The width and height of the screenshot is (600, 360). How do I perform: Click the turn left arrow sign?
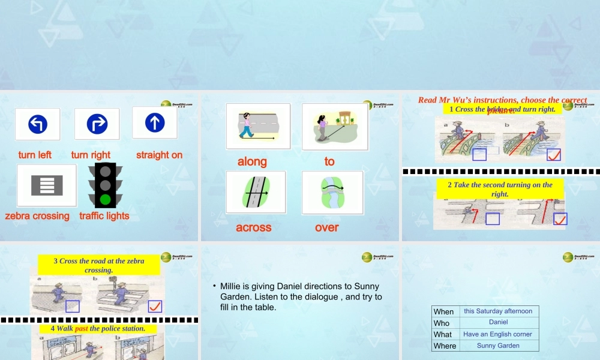click(x=37, y=124)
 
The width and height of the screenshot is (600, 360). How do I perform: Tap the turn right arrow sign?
click(x=97, y=124)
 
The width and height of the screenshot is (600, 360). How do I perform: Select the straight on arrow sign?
click(x=155, y=122)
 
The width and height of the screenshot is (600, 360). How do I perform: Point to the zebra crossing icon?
click(x=47, y=185)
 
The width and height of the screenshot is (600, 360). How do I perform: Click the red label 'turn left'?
click(x=35, y=155)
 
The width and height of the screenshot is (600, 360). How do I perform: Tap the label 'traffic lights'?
click(x=104, y=216)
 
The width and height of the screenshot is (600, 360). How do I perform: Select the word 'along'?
click(x=252, y=161)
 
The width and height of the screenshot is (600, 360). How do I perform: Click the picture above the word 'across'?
click(x=256, y=192)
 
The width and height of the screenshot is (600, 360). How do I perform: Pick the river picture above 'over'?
click(x=332, y=193)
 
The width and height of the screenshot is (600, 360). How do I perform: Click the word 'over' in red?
click(x=327, y=227)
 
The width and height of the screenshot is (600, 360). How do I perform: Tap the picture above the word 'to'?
click(x=335, y=127)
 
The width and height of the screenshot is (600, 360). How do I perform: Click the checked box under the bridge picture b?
click(x=554, y=154)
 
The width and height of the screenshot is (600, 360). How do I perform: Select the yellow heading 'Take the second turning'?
click(x=500, y=189)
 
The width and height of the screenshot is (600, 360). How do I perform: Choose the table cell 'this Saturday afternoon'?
click(x=498, y=311)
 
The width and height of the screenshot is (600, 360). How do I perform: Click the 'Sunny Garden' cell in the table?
click(x=498, y=346)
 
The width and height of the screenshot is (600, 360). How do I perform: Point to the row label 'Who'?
click(x=442, y=323)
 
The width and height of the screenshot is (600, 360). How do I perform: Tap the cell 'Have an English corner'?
click(x=498, y=334)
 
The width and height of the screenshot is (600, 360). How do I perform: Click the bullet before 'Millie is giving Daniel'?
click(x=214, y=286)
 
